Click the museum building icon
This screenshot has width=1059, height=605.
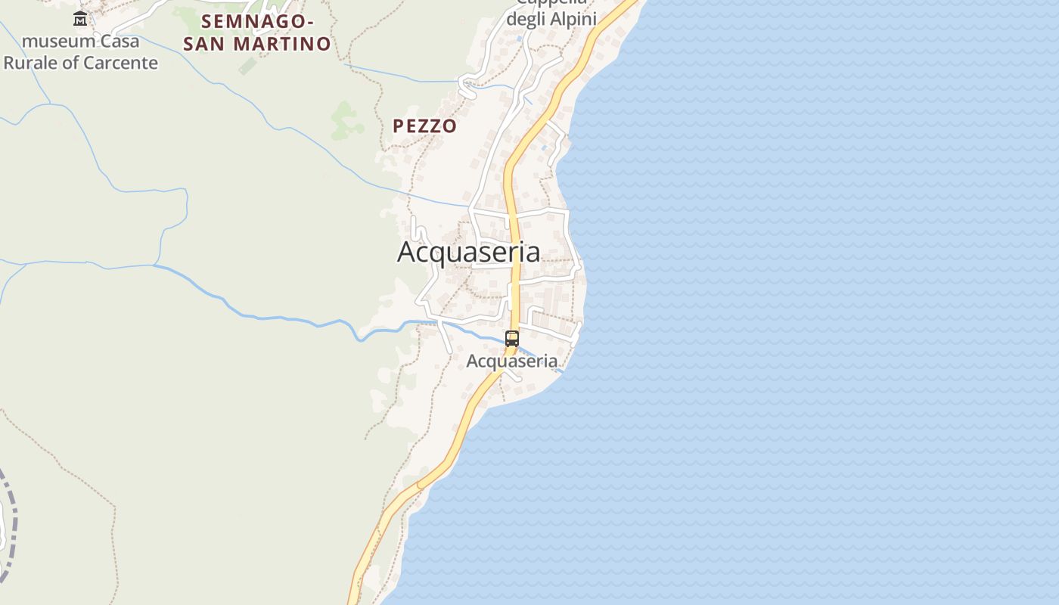(80, 18)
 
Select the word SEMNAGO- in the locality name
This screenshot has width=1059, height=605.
(258, 20)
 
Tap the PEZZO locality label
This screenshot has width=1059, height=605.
(424, 126)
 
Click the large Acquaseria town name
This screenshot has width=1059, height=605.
(468, 253)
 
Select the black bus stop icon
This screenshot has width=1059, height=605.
(512, 339)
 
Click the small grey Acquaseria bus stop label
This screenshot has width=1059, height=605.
(511, 361)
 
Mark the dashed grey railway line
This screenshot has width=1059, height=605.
(11, 522)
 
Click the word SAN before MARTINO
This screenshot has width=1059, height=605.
(204, 44)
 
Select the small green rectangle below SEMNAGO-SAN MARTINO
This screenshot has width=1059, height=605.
(247, 67)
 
